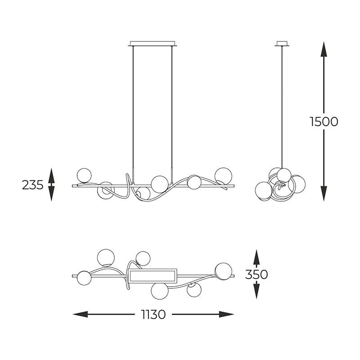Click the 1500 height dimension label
click(x=324, y=121)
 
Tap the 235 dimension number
click(x=32, y=185)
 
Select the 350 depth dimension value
click(x=256, y=274)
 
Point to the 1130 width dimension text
click(x=153, y=315)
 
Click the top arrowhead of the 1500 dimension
click(x=324, y=49)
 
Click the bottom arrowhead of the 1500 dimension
click(x=324, y=193)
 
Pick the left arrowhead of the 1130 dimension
click(x=80, y=314)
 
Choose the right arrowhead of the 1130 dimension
click(x=226, y=314)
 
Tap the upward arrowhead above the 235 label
click(x=51, y=175)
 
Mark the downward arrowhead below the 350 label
click(x=256, y=291)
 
